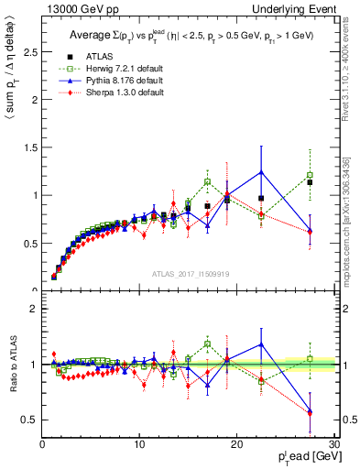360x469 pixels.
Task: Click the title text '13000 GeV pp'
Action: coord(73,8)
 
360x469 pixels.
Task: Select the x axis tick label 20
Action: coord(236,445)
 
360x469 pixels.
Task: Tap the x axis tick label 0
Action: coord(42,445)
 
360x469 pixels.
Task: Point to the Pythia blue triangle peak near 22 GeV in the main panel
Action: coord(261,172)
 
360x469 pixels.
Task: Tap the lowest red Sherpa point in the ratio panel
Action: coord(310,413)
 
